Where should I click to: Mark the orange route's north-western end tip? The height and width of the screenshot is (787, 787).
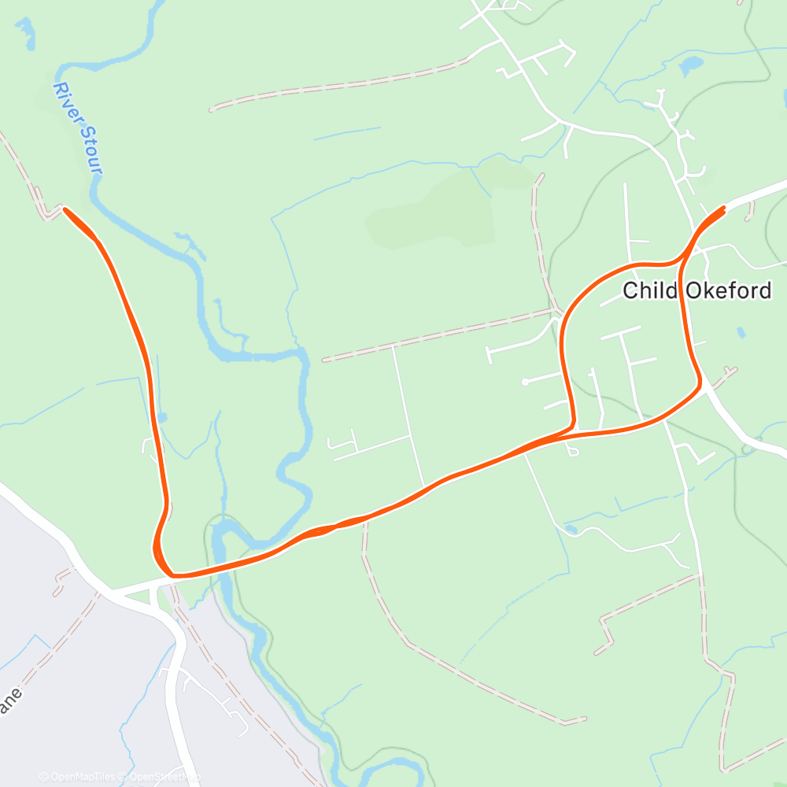click(65, 209)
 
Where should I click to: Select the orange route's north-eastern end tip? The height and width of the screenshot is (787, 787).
click(722, 209)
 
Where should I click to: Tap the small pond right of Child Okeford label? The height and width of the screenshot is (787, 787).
click(741, 332)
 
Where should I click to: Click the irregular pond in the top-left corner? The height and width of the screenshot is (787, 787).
click(25, 31)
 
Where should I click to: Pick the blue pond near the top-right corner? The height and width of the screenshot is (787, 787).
click(693, 65)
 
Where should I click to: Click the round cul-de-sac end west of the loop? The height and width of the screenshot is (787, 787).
click(525, 382)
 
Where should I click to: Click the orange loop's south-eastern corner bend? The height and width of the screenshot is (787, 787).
click(698, 385)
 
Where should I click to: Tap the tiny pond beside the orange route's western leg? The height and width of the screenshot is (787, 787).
click(161, 416)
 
